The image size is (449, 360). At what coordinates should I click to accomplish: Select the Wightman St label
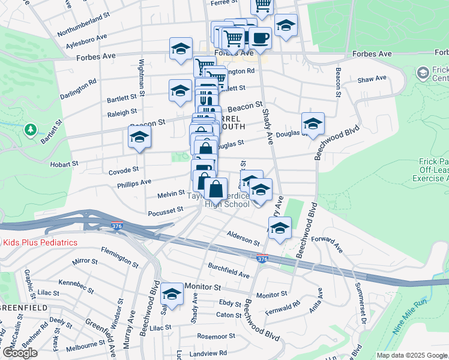(142, 77)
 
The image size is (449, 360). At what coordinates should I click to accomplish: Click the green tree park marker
(30, 129)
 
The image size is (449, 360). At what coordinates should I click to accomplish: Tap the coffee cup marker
(260, 38)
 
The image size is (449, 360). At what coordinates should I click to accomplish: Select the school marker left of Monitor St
(172, 294)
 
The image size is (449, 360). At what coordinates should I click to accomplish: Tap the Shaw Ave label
(372, 79)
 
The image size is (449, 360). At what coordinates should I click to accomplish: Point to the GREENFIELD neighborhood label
(23, 307)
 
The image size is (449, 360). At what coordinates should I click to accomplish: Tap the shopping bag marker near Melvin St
(215, 188)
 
